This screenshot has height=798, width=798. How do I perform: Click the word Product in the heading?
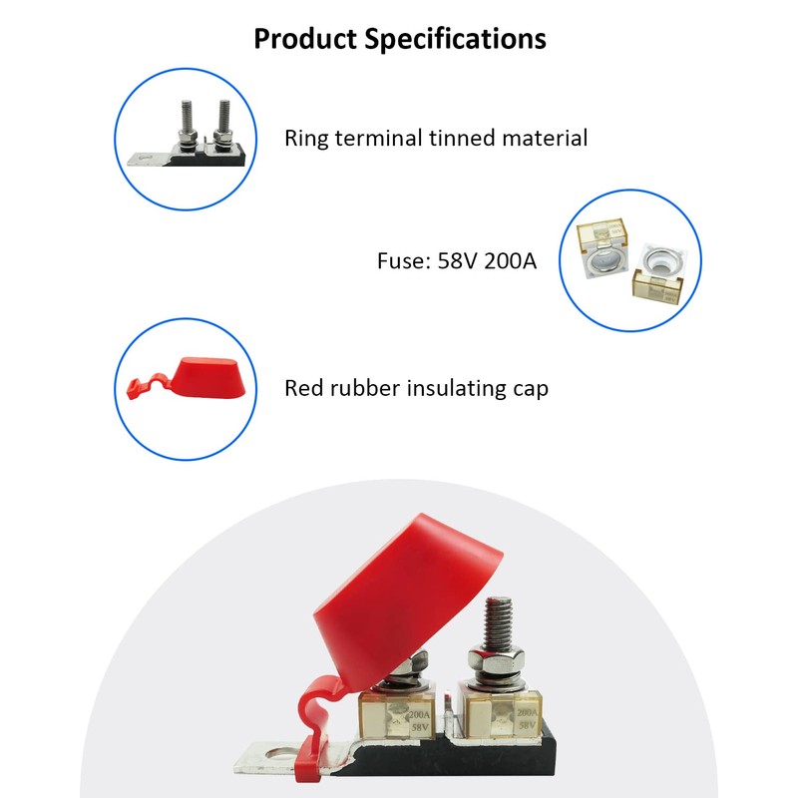[x=305, y=39]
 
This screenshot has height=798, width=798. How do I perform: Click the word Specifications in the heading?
[x=456, y=39]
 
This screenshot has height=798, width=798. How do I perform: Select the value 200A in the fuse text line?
[x=511, y=261]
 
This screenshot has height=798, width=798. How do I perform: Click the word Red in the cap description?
[x=303, y=388]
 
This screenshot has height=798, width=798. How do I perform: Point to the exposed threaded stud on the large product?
[x=498, y=622]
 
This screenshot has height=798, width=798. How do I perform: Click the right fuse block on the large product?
[x=498, y=710]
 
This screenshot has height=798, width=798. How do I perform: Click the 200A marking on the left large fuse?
[x=419, y=715]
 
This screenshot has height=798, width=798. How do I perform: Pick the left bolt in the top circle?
[x=187, y=128]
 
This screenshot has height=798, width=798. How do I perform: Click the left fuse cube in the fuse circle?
[x=602, y=248]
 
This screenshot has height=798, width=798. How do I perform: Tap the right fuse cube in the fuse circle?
[x=661, y=273]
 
